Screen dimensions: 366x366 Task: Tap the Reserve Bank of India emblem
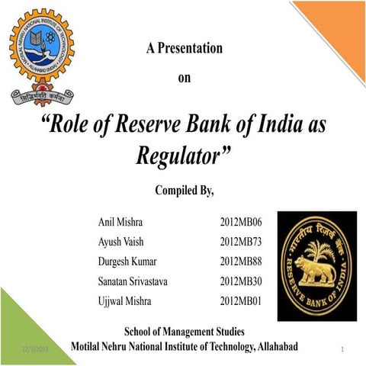[316, 266]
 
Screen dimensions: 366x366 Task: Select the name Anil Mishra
[120, 222]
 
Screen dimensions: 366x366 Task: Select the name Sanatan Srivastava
[133, 281]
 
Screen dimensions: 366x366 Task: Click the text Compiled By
[184, 190]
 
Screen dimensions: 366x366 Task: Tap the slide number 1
[344, 349]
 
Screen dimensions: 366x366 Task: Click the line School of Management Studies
[184, 332]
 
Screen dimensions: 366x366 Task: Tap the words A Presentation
[184, 49]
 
